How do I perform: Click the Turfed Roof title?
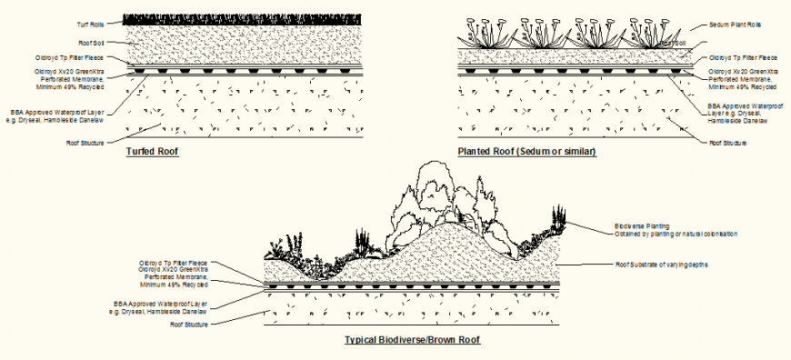tap(152, 152)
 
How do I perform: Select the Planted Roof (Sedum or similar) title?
tap(527, 152)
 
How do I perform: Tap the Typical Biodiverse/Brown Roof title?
tap(412, 340)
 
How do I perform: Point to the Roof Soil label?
tap(93, 41)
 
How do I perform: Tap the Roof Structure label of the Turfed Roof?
tap(85, 142)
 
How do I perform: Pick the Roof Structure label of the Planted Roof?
tap(727, 143)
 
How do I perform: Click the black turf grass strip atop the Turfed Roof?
tap(243, 18)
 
